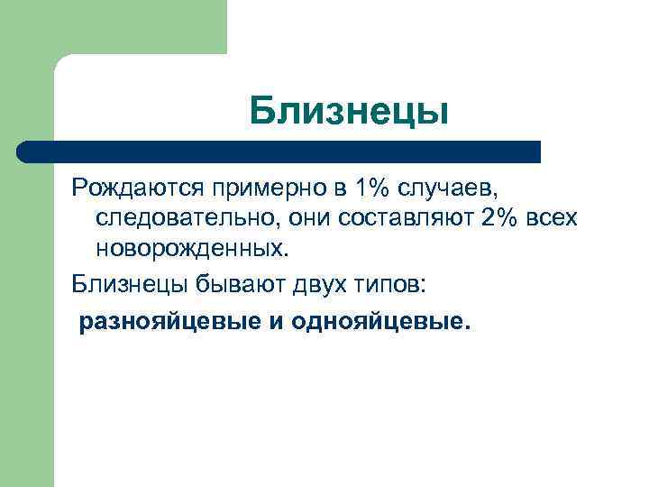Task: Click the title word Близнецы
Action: (349, 112)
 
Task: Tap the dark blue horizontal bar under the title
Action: (279, 152)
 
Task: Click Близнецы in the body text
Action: (128, 285)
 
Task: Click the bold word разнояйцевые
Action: (169, 322)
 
